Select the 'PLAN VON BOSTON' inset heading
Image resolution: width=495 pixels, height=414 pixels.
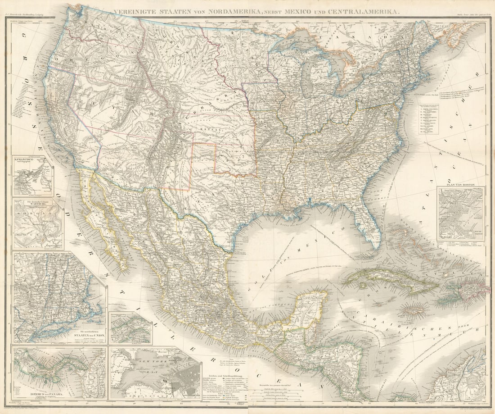coord(460,184)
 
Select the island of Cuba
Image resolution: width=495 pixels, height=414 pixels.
coord(387,279)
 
